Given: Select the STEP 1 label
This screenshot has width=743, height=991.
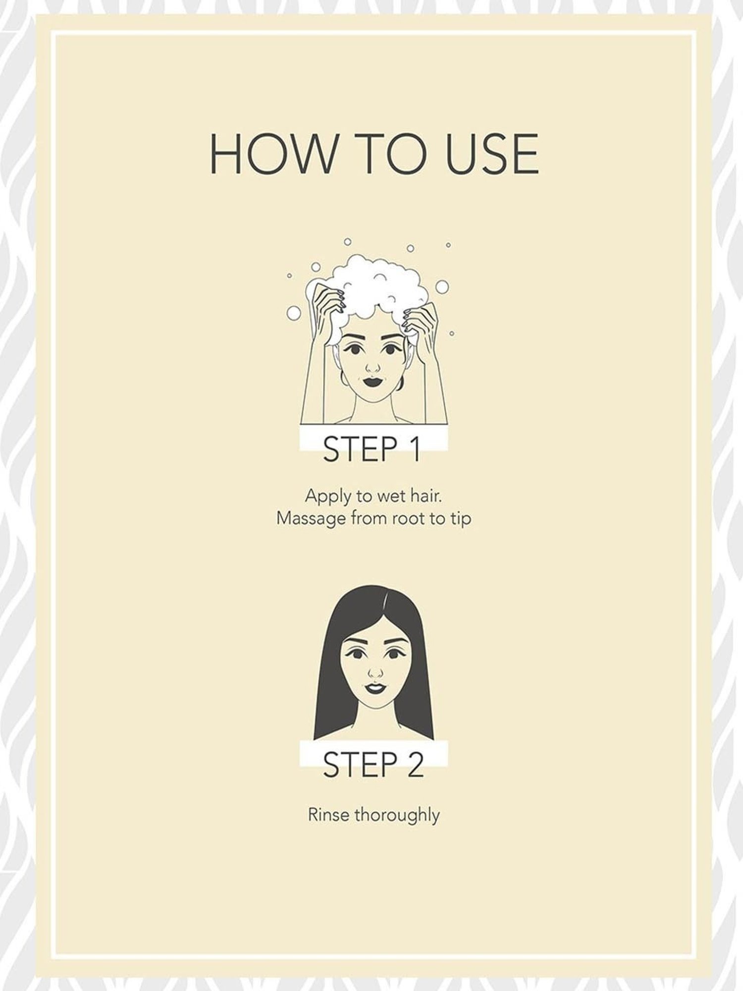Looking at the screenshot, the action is tap(372, 449).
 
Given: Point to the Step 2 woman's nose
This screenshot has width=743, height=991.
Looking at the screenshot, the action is tap(376, 672).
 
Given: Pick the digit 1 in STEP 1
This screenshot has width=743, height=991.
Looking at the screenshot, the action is tap(415, 449).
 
